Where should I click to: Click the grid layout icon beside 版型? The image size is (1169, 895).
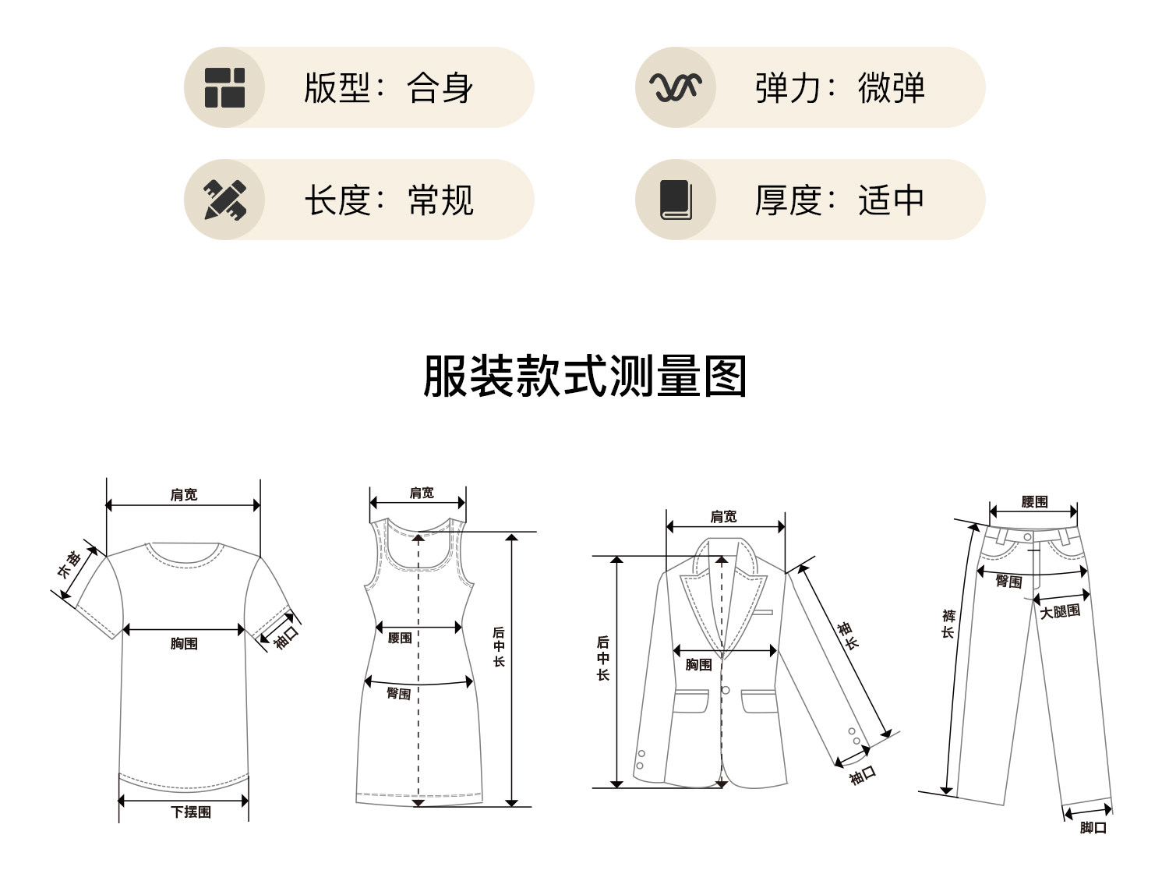(x=224, y=87)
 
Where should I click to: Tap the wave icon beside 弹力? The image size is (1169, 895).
(x=676, y=87)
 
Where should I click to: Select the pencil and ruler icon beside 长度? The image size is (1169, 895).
(x=224, y=200)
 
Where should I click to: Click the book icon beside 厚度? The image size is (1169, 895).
(x=676, y=200)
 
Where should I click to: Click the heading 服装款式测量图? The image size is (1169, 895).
(x=584, y=377)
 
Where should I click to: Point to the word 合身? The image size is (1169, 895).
(x=440, y=87)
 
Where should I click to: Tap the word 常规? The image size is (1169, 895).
(x=440, y=200)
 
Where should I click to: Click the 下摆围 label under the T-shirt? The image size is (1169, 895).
(x=191, y=812)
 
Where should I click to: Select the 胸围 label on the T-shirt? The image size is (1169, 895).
(x=184, y=643)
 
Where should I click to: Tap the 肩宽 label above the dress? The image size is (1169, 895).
(x=422, y=493)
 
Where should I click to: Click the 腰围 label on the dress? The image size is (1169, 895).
(x=400, y=638)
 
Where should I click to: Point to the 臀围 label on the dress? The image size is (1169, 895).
(x=399, y=693)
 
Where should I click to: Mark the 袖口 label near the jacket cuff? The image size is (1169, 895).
(x=863, y=775)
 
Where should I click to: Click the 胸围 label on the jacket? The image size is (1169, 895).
(x=699, y=664)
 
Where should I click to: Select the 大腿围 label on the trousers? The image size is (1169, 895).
(x=1060, y=612)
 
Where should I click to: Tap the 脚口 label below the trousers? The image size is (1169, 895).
(x=1093, y=827)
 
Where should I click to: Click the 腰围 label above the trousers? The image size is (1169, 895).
(x=1034, y=502)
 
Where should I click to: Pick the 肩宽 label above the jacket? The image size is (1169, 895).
(x=723, y=516)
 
